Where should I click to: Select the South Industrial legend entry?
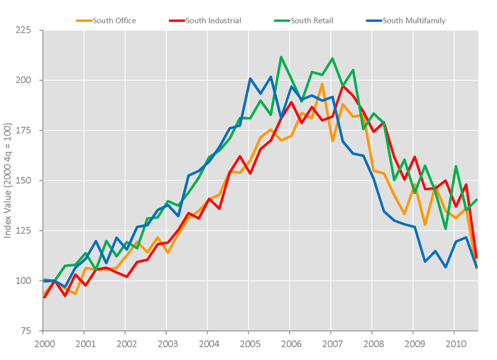point(209,21)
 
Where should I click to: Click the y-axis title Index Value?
point(9,181)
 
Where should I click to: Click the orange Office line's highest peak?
point(322,84)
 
